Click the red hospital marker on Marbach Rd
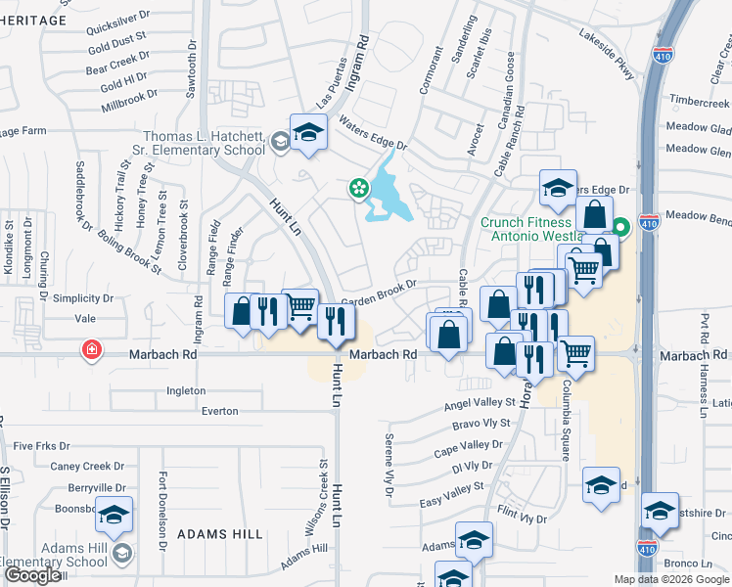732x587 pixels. pyautogui.click(x=92, y=350)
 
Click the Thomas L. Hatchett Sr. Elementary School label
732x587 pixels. pyautogui.click(x=204, y=144)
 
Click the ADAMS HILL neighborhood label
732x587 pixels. pyautogui.click(x=220, y=534)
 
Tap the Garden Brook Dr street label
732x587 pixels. pyautogui.click(x=379, y=291)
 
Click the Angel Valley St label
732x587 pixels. pyautogui.click(x=480, y=402)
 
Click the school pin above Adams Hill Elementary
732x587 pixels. pyautogui.click(x=114, y=516)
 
